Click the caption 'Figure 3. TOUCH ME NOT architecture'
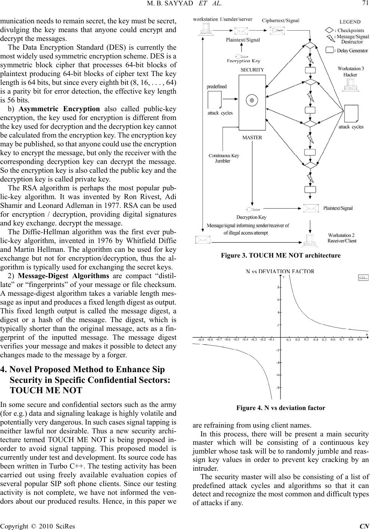pos(280,255)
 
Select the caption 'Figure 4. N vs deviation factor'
pos(280,408)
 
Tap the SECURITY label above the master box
pos(252,70)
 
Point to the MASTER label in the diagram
pos(252,138)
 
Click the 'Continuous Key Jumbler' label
pos(223,158)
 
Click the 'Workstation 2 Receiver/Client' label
pos(342,238)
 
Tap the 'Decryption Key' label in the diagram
pos(251,217)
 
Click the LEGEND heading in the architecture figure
pos(350,22)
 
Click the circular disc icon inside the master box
pos(252,100)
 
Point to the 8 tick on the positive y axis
pos(278,287)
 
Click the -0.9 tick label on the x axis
pos(201,339)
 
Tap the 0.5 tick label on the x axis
pos(324,339)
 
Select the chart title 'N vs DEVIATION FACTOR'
pos(280,271)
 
